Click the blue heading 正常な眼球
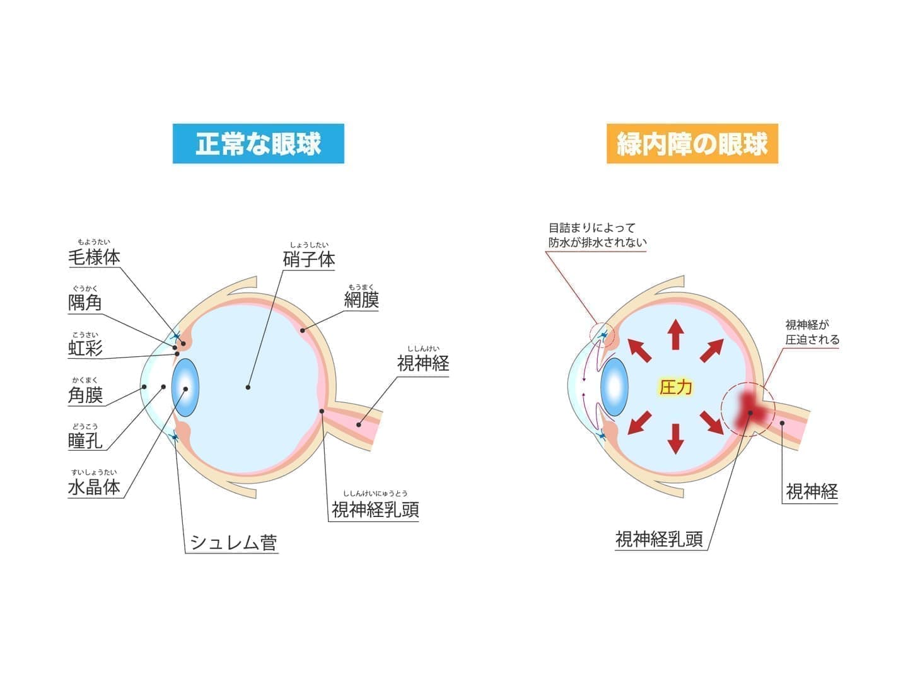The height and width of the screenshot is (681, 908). (x=258, y=144)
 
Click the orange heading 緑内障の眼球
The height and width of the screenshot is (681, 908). (x=692, y=144)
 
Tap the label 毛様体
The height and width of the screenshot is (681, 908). (x=95, y=257)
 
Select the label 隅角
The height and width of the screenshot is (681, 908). (x=85, y=303)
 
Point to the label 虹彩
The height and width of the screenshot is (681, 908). (x=85, y=349)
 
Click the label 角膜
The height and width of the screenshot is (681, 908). (x=85, y=395)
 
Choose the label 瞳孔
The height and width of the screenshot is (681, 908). (x=85, y=441)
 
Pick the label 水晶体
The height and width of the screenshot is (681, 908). (x=95, y=487)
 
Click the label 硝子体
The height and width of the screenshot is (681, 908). (x=309, y=260)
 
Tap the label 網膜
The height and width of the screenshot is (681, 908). (x=361, y=300)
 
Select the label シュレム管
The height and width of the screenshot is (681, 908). (x=233, y=542)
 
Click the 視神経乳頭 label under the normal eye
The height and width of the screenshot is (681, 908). (x=375, y=510)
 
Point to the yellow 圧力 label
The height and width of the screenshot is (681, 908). (x=675, y=387)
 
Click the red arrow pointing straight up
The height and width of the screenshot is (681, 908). (x=675, y=334)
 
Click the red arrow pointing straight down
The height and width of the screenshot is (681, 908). (x=675, y=439)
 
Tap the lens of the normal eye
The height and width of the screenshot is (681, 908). (x=185, y=387)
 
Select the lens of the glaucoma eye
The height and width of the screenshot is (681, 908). (x=614, y=387)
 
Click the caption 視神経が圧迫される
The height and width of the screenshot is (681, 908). (x=812, y=332)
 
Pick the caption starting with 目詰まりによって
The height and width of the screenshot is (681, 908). (x=597, y=235)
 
